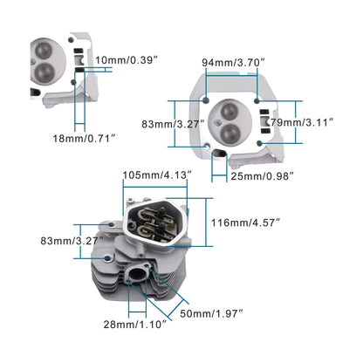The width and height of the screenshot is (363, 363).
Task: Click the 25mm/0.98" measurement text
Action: pyautogui.click(x=262, y=176)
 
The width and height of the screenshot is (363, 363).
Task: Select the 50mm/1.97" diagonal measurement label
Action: pyautogui.click(x=210, y=312)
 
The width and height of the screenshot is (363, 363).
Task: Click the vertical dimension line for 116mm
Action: pyautogui.click(x=206, y=223)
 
